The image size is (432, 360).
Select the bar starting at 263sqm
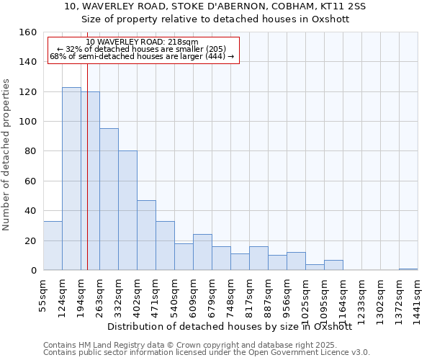109,199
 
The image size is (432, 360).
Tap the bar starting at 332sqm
127,210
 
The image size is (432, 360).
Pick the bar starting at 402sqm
146,235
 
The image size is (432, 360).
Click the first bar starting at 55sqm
53,246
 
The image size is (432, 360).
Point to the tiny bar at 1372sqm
408,269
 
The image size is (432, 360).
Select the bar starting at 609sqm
202,253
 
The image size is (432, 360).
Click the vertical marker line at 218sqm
87,166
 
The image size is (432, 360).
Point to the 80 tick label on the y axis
30,152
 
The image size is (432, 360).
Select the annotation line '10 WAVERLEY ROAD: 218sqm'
142,42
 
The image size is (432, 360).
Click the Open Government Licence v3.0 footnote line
207,352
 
